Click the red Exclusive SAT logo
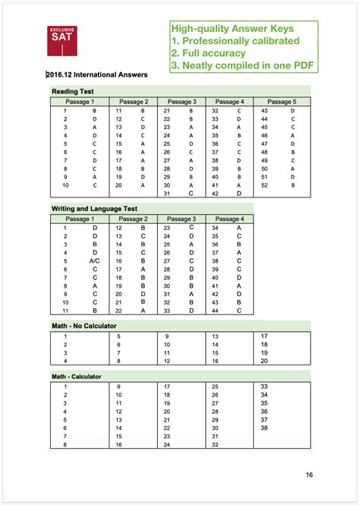tap(64, 40)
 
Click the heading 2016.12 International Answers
tap(96, 74)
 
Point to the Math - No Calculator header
tap(86, 326)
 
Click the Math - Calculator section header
tap(77, 377)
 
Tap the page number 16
tap(309, 475)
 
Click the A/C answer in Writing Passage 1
tap(95, 260)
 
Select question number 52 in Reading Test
tap(264, 185)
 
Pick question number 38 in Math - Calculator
tap(264, 428)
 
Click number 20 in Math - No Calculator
tap(264, 361)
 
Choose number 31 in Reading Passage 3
tap(166, 194)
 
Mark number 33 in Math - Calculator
tap(264, 387)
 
